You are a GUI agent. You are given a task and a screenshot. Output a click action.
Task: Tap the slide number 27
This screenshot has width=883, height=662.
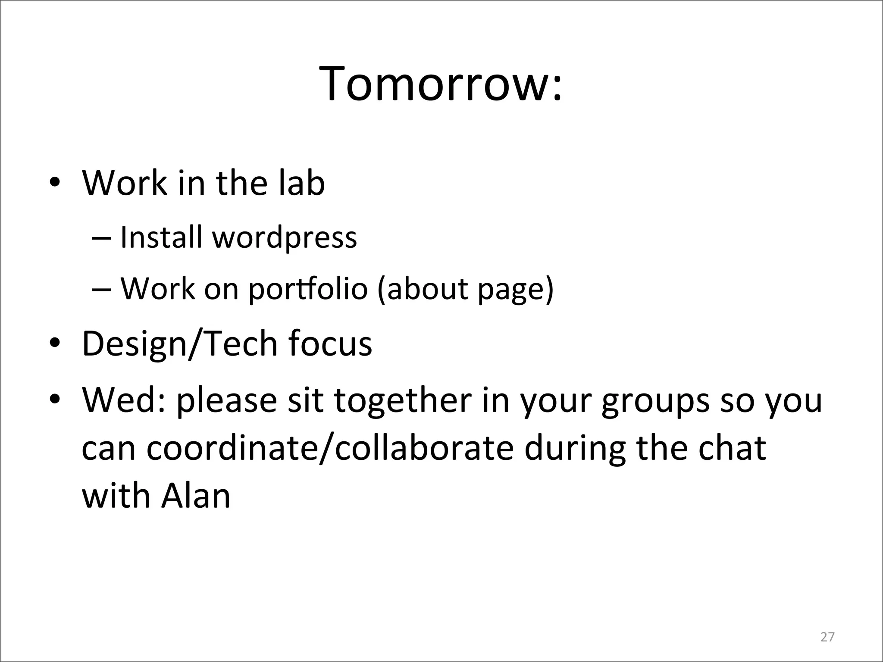tap(827, 637)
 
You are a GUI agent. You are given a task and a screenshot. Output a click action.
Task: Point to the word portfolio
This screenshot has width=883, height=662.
tap(308, 289)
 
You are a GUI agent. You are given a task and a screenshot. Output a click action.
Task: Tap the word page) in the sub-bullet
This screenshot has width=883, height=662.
tap(516, 289)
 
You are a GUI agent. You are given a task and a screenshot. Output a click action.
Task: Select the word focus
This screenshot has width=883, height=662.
tap(330, 343)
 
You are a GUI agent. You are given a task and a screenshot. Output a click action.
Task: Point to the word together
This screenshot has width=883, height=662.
tap(403, 401)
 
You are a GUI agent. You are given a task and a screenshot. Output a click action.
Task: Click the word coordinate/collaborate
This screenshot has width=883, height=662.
tap(330, 448)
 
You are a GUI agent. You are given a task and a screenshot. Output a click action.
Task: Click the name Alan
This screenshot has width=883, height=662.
tap(196, 496)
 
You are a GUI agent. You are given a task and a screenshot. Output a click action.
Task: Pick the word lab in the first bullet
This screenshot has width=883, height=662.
tap(301, 183)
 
